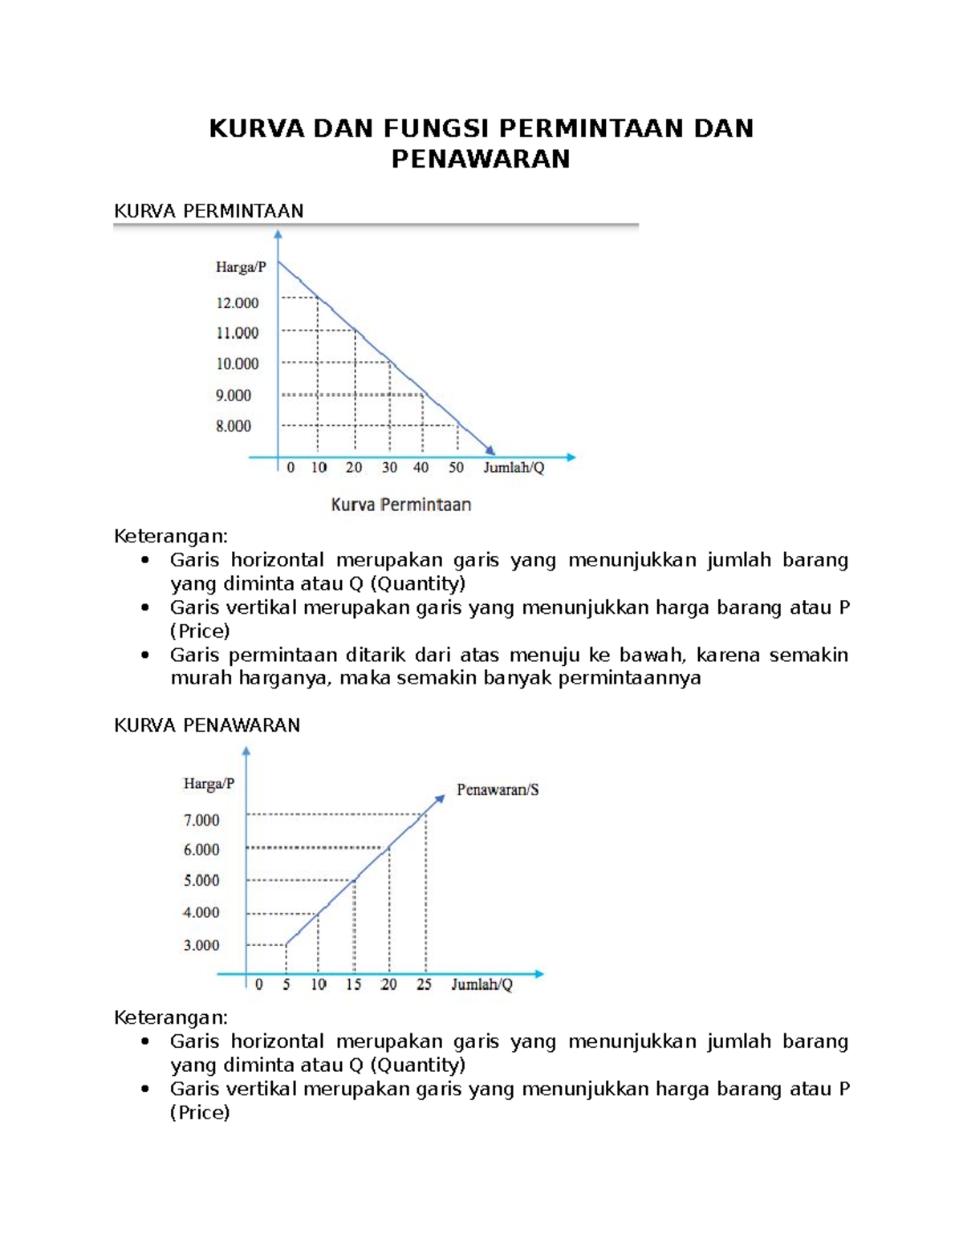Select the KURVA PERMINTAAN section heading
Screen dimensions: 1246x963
[209, 211]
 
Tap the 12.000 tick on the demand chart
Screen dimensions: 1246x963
[238, 302]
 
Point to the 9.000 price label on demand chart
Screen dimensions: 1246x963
[234, 395]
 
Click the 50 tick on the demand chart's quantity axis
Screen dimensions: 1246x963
[456, 468]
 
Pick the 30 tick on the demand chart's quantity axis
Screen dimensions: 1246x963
[389, 468]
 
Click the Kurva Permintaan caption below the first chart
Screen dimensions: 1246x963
[401, 505]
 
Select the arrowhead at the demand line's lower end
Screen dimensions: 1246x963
[490, 451]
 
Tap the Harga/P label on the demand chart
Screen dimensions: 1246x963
[241, 267]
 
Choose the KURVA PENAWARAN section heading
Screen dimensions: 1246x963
[207, 725]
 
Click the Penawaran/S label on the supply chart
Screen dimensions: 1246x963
[498, 789]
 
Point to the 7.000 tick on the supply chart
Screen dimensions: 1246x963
[201, 820]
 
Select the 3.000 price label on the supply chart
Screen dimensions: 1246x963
[201, 945]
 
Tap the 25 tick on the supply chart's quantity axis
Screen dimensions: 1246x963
[424, 984]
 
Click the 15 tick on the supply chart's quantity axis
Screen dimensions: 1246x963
[353, 984]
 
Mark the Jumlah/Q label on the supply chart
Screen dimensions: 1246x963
[481, 984]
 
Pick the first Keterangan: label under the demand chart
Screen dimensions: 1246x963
[171, 536]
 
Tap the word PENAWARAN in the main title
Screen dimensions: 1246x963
[481, 159]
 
